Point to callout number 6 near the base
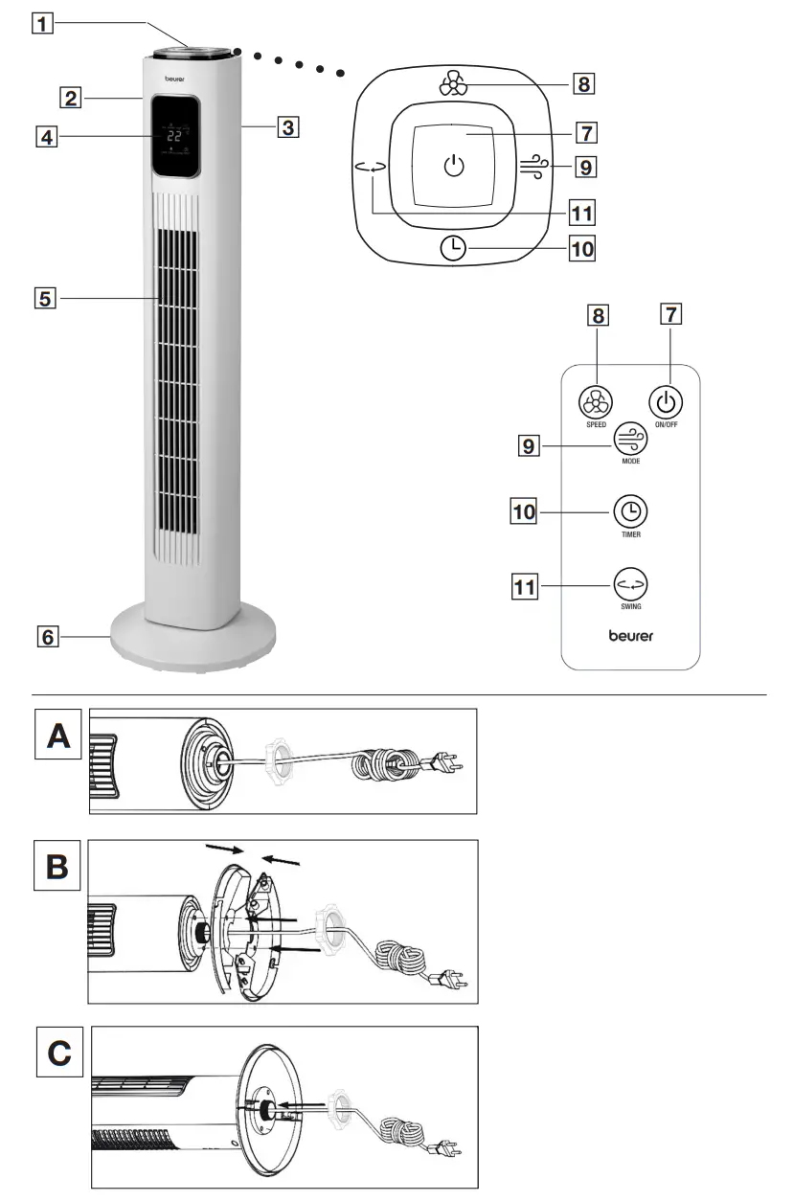tap(45, 635)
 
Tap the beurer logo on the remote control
tap(630, 635)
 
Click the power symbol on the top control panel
tap(455, 168)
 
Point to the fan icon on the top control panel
tap(454, 85)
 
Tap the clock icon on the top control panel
tap(454, 249)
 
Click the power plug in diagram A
tap(448, 764)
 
